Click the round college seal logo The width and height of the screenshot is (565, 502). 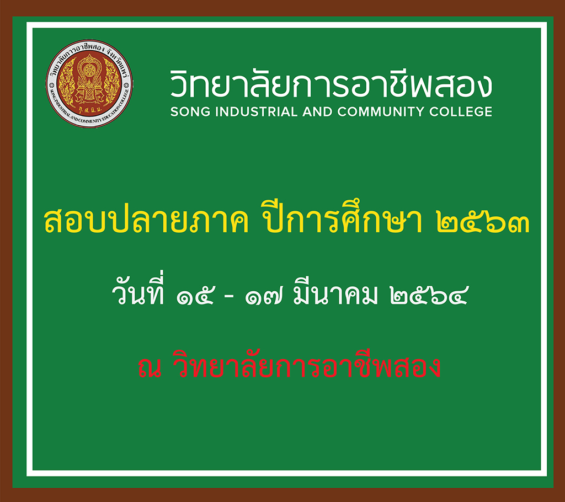[89, 84]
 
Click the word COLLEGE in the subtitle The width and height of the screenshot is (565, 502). [461, 112]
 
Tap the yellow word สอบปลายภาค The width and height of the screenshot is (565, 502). [146, 221]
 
